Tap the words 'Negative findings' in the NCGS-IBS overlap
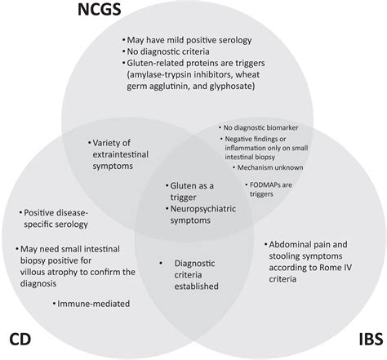coord(251,140)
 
